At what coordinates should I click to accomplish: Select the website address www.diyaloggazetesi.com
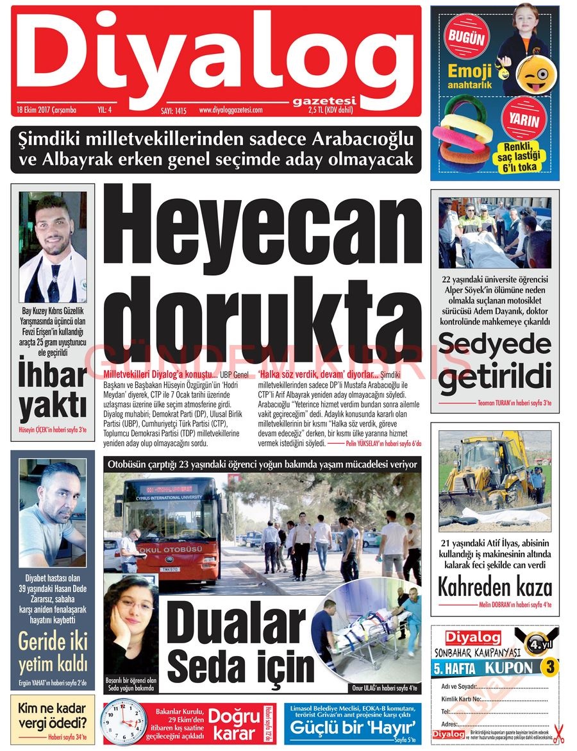pyautogui.click(x=231, y=110)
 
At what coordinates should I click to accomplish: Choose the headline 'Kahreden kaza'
pyautogui.click(x=494, y=587)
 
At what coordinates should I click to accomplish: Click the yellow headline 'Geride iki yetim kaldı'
pyautogui.click(x=53, y=653)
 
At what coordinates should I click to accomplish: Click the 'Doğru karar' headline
pyautogui.click(x=233, y=724)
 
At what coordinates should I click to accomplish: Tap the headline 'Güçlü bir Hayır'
pyautogui.click(x=354, y=728)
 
